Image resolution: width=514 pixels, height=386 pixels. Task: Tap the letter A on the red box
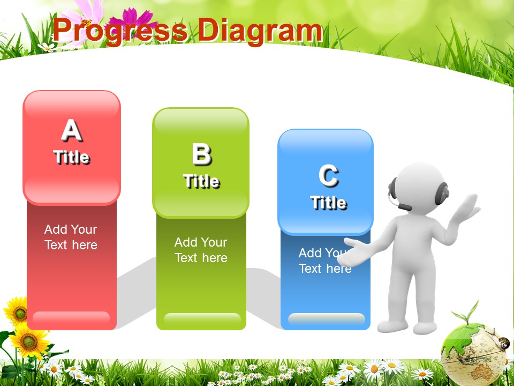point(71,130)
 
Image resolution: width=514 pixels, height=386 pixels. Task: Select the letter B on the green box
point(201,154)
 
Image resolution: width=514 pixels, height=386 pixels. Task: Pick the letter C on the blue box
point(328,176)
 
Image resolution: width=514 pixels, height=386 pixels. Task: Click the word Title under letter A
point(71,157)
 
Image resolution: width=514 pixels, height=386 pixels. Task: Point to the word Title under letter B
point(201,181)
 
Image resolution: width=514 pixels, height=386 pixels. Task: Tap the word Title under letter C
point(328,202)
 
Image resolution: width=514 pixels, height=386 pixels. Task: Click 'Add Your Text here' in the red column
point(71,237)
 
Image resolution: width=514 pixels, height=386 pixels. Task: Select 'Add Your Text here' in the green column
point(201,250)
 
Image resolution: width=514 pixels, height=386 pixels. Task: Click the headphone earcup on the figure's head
point(442,194)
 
